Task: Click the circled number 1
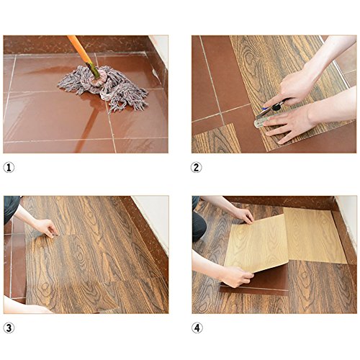click(x=9, y=167)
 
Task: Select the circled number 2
click(x=196, y=167)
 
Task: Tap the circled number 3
click(x=9, y=328)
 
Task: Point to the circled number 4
click(x=197, y=328)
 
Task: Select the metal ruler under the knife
click(x=261, y=121)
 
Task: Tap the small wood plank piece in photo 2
click(x=216, y=139)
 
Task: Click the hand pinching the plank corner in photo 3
click(x=45, y=228)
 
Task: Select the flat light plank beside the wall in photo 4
click(x=315, y=235)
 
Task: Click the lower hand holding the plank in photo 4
click(x=236, y=276)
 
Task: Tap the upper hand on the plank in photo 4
click(x=243, y=215)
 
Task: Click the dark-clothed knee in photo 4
click(x=199, y=225)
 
